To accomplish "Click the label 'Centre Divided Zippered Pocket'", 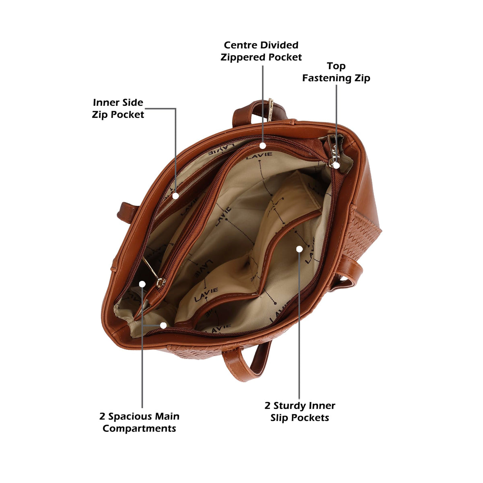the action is [x=261, y=51].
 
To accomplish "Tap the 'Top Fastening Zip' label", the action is [x=336, y=72].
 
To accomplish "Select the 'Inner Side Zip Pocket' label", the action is [x=118, y=108].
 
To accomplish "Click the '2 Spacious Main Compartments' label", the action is [x=139, y=422].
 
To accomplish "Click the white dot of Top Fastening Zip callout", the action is [x=336, y=165].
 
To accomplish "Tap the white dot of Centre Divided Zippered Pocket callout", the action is [x=263, y=146].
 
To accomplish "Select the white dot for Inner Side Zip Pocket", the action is [x=176, y=196].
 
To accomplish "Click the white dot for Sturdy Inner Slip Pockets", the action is [x=299, y=249].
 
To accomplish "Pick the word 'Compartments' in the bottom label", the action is [x=139, y=428].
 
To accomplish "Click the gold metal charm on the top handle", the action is [x=270, y=109].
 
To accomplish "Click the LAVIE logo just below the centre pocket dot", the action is [x=259, y=156].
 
